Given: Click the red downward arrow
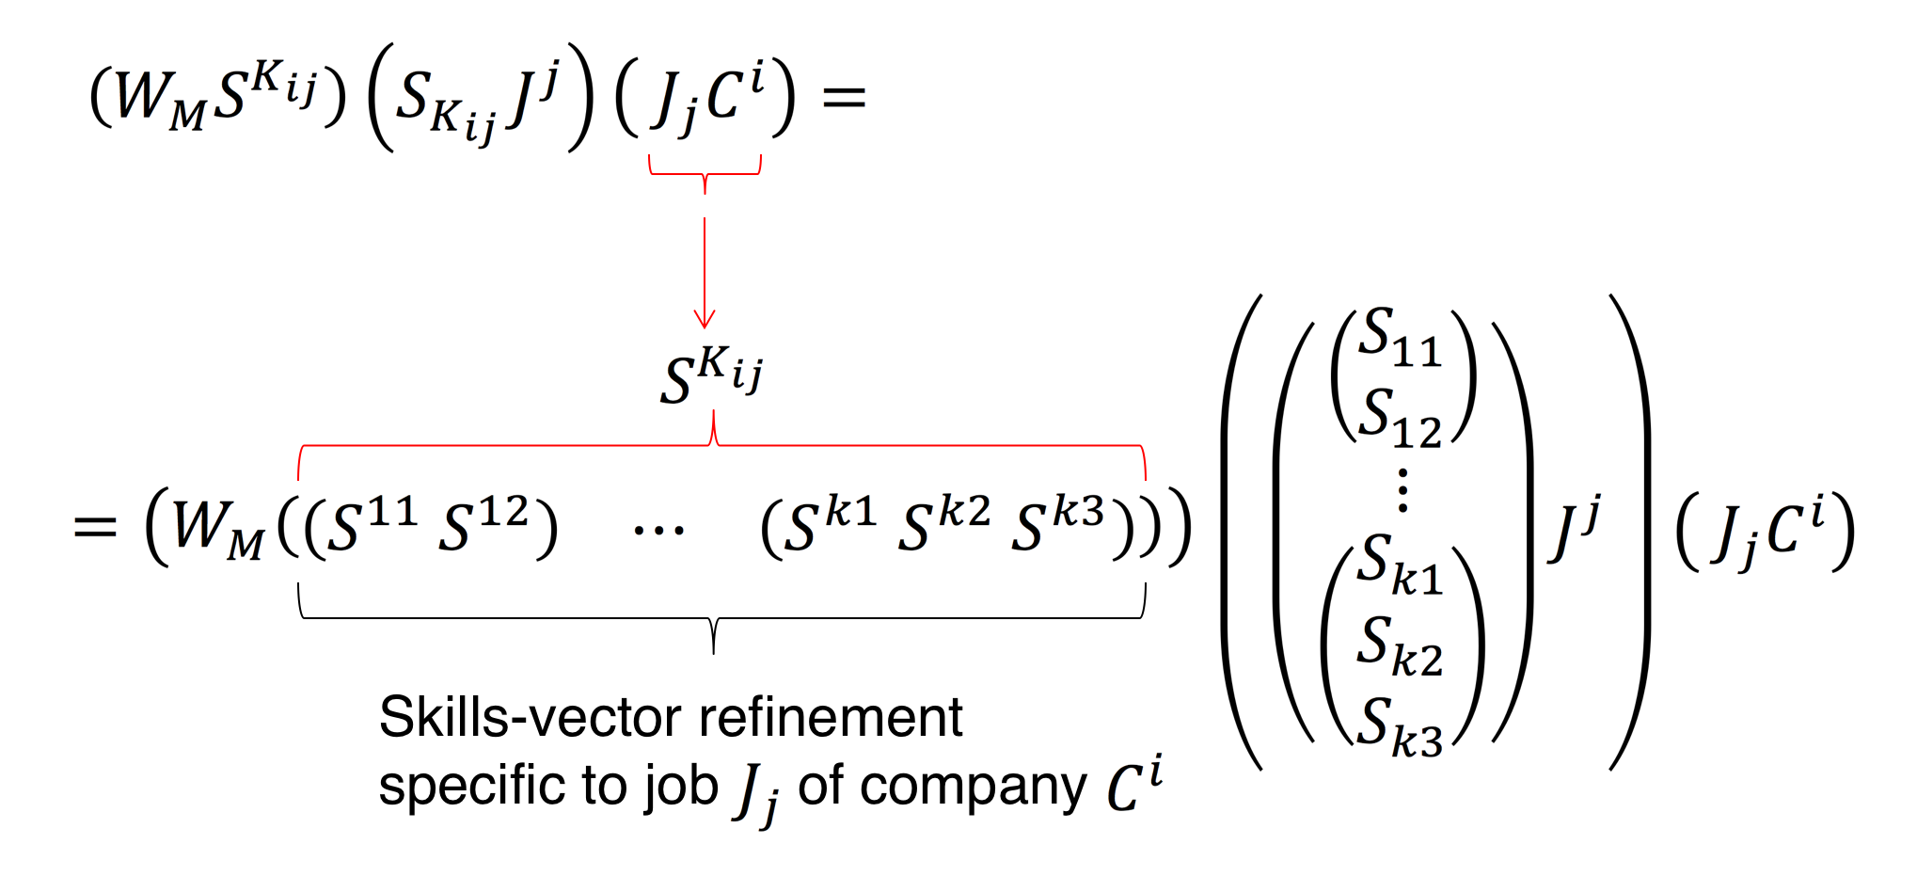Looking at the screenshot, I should click(705, 273).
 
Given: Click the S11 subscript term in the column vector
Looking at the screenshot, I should click(1399, 337).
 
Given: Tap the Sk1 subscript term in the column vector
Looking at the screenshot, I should click(1399, 565).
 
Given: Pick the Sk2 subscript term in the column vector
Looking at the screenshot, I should click(1399, 647).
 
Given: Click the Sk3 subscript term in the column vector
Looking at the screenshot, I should click(1399, 727).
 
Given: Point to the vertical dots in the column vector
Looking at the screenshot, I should click(1402, 490).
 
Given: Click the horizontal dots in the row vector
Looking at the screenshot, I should click(658, 531).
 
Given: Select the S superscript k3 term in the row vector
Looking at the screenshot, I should click(1058, 524).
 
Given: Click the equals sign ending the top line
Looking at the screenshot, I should click(844, 96).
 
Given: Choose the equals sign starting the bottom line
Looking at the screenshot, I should click(95, 526).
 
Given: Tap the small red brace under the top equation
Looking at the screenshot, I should click(705, 172).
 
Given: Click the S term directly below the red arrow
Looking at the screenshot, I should click(711, 375).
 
